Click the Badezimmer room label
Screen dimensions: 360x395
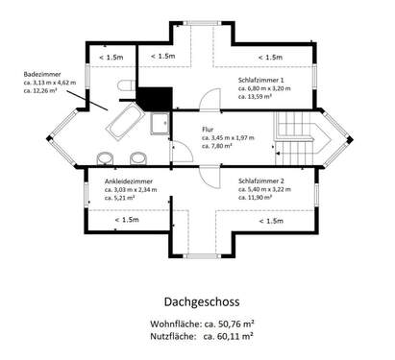pyautogui.click(x=45, y=73)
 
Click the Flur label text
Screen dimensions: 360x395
pyautogui.click(x=209, y=129)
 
